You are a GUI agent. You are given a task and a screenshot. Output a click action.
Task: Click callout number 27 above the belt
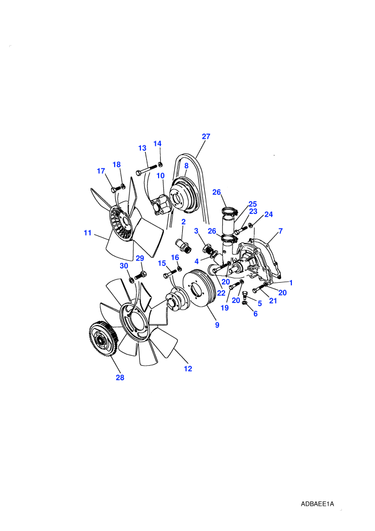point(206,136)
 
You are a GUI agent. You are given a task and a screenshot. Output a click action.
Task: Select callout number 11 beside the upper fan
point(87,233)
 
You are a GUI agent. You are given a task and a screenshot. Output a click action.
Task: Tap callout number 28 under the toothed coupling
point(120,378)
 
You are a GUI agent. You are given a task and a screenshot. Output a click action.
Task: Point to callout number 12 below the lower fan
point(188,369)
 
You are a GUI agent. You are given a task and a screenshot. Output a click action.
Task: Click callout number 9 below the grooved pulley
point(217,325)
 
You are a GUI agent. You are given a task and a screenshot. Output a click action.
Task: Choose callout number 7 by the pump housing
point(280,231)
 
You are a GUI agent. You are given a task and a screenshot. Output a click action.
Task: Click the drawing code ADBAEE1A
point(317,504)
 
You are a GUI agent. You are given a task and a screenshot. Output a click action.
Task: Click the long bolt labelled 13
point(147,169)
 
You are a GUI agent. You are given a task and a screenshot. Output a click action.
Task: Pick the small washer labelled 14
point(161,165)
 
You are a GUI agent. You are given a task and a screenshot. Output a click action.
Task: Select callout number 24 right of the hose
point(268,215)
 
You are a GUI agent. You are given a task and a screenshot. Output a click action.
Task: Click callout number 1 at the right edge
point(291,283)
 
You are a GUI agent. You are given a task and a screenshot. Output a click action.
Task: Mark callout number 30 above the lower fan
point(124,266)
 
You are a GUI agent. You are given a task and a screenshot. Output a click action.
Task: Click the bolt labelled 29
point(141,275)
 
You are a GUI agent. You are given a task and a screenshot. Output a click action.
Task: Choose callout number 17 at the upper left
point(101,171)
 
